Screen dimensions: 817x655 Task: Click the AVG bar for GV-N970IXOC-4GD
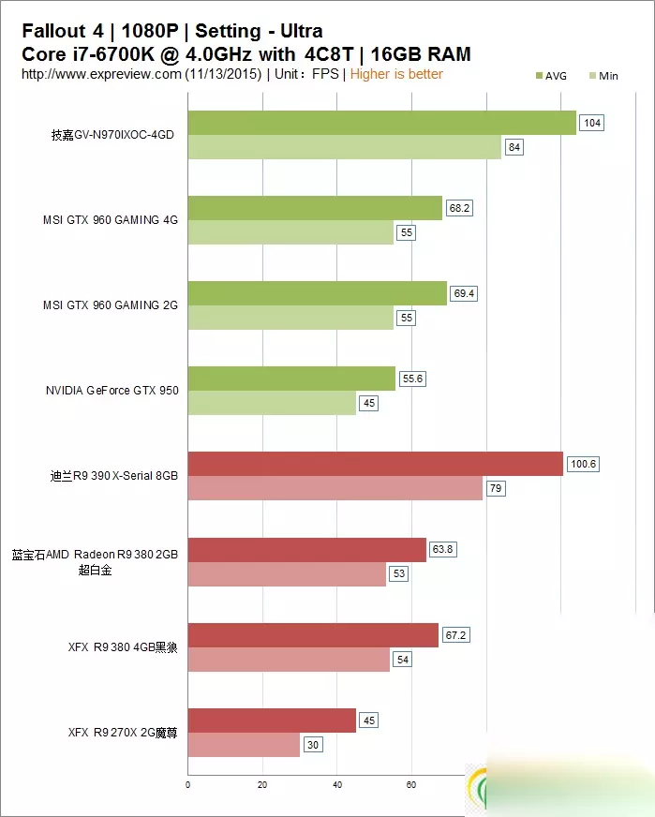(381, 123)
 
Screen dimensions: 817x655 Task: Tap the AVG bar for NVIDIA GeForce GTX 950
(291, 378)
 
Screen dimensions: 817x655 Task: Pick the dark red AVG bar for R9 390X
(375, 464)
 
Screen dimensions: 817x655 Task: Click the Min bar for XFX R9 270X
(244, 745)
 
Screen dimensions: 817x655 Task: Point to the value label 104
(591, 123)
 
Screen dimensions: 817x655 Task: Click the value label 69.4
(464, 293)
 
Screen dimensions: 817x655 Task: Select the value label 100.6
(583, 464)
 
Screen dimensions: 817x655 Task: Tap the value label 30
(313, 745)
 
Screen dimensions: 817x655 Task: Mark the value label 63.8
(443, 549)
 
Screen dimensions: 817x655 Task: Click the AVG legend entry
(550, 76)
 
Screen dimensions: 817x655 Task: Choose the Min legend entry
(603, 76)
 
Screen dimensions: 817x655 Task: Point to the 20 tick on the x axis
(262, 784)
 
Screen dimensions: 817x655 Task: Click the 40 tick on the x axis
(336, 784)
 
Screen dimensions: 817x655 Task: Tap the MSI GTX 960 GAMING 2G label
(111, 305)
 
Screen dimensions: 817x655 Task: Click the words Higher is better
(396, 74)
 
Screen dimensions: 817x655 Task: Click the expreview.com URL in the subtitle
(101, 74)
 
